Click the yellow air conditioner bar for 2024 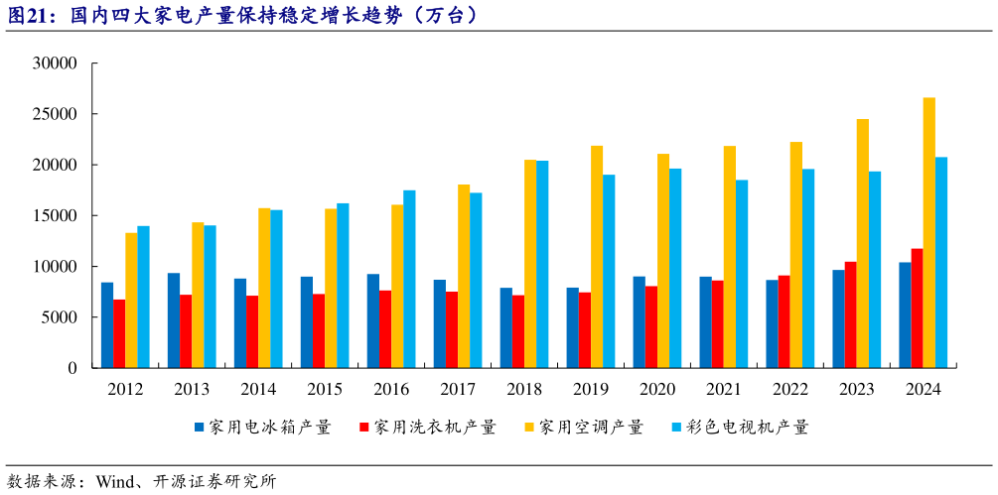pos(928,233)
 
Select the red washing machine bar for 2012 pos(119,333)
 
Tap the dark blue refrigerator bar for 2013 pos(174,320)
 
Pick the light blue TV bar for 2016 pos(409,279)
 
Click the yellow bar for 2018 pos(530,264)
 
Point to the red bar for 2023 pos(851,314)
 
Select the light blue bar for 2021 pos(742,274)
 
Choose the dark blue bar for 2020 pos(640,322)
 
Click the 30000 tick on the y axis pos(56,63)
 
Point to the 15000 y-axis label pos(56,216)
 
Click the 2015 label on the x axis pos(325,389)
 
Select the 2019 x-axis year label pos(591,389)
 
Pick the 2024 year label pos(923,389)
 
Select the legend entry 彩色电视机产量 pos(749,428)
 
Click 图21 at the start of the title pos(29,15)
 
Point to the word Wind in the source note pos(117,482)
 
